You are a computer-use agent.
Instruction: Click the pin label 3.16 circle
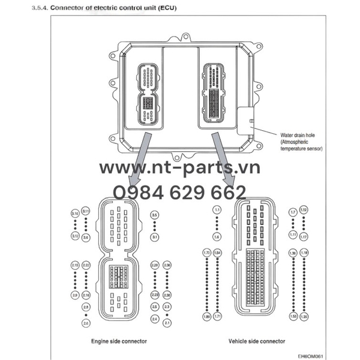coord(75,214)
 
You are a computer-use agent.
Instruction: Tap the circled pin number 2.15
coord(75,265)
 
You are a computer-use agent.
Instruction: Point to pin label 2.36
coord(167,265)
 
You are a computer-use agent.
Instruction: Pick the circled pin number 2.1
coord(167,323)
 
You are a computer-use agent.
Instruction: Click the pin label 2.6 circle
coord(86,323)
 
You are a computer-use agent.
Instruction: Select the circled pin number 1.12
coord(304,209)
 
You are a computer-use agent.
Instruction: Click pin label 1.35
coord(304,316)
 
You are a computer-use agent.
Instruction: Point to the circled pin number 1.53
coord(293,316)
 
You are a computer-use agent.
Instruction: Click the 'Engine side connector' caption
coord(119,341)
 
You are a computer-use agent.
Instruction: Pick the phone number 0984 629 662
coord(179,192)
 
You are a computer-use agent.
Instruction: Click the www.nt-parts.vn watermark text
coord(179,168)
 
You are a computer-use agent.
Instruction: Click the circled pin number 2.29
coord(155,265)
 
